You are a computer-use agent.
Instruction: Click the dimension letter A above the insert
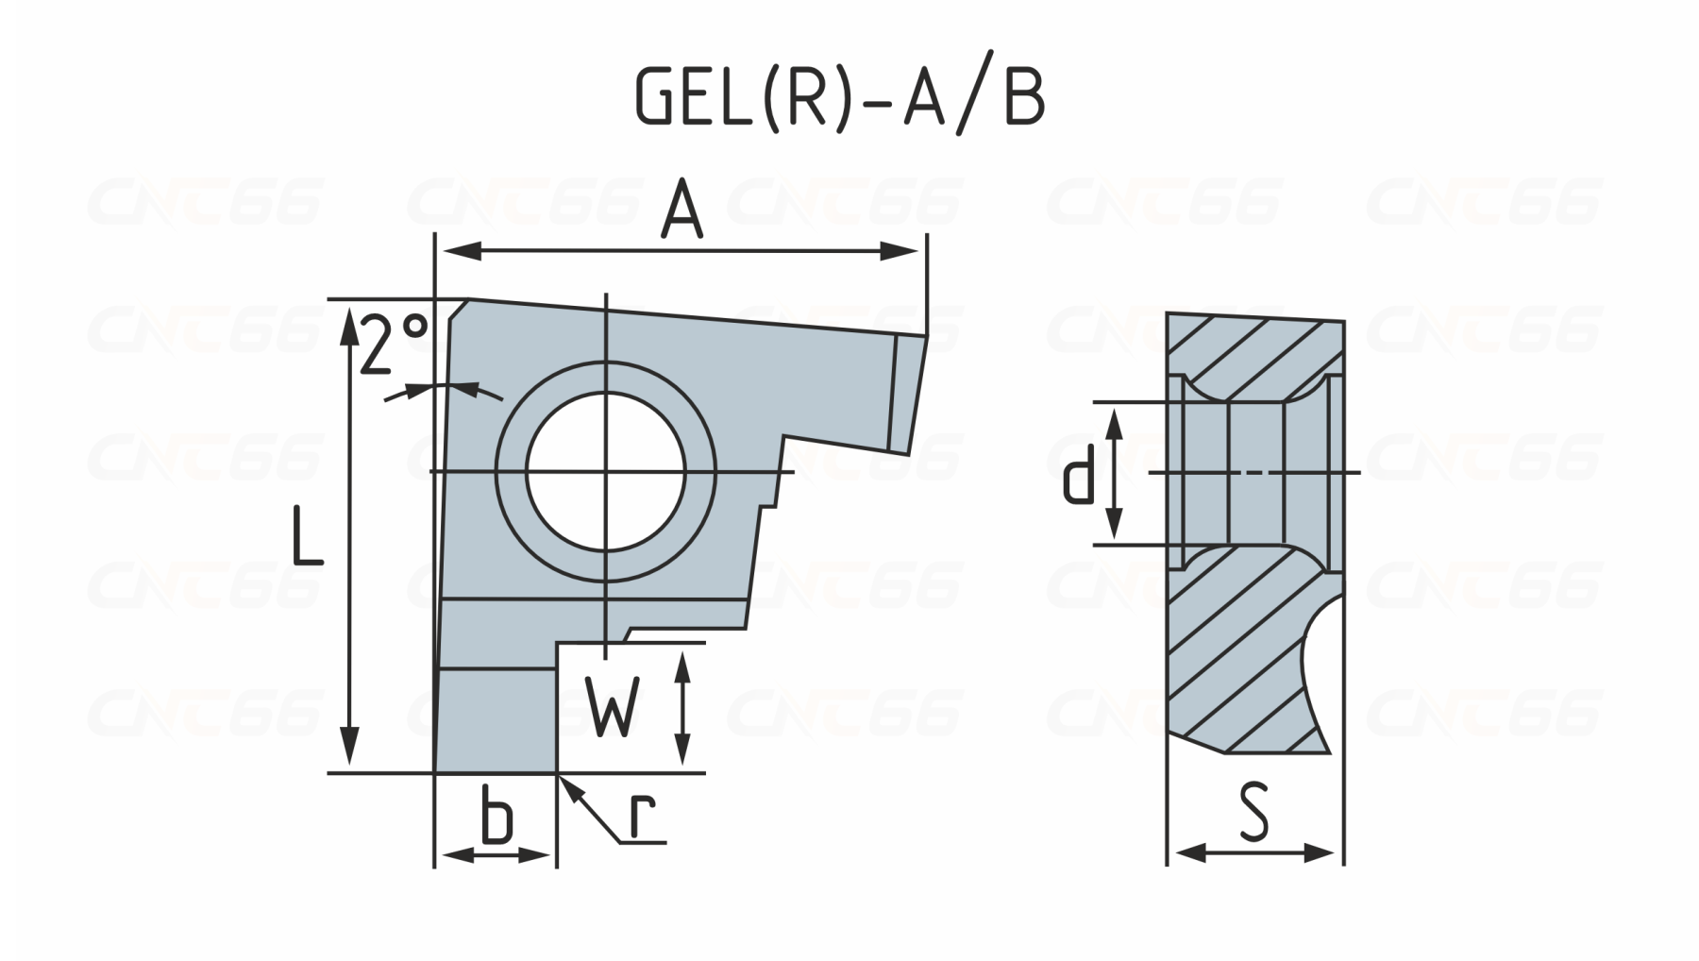[681, 211]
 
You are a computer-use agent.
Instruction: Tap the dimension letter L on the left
[306, 536]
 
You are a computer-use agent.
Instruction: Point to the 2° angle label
[393, 344]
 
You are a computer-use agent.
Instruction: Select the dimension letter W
[613, 706]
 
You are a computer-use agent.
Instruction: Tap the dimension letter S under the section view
[1254, 813]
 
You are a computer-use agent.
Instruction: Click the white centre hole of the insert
[606, 471]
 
